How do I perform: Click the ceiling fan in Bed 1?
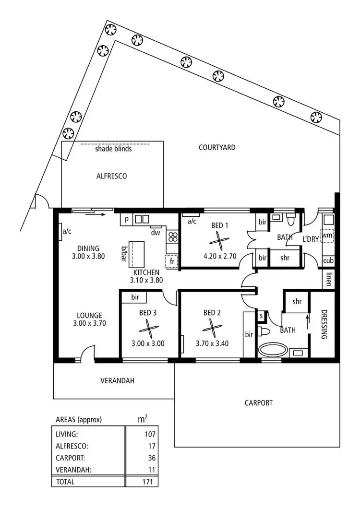click(x=218, y=241)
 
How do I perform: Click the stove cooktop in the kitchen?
click(x=172, y=236)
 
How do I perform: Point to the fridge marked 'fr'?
click(x=171, y=261)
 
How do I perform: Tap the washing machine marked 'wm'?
click(x=328, y=236)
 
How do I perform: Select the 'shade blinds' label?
click(x=113, y=149)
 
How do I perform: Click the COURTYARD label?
click(x=217, y=147)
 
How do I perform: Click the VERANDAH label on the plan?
click(x=117, y=381)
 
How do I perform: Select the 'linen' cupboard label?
click(x=328, y=279)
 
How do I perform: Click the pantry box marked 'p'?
click(x=127, y=219)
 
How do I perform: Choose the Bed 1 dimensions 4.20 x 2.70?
click(x=220, y=256)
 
